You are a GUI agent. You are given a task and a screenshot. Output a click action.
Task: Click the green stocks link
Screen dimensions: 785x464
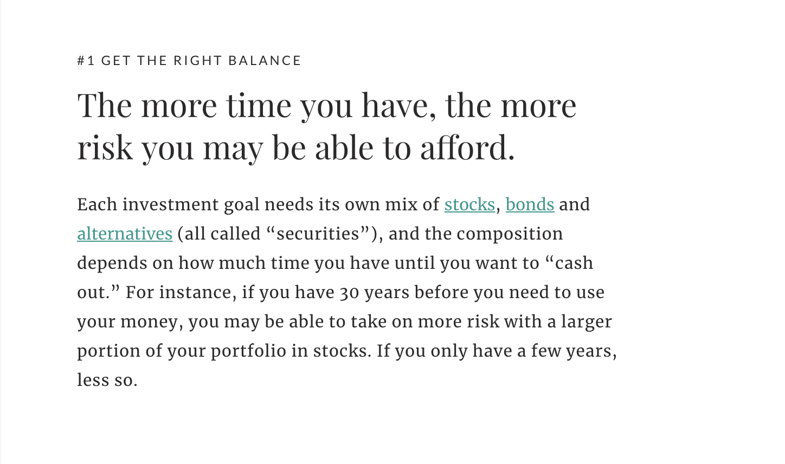(x=469, y=205)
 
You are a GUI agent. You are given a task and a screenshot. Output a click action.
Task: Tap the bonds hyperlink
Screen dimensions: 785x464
(x=530, y=205)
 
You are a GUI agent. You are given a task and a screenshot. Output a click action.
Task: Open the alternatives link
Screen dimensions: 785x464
(x=125, y=234)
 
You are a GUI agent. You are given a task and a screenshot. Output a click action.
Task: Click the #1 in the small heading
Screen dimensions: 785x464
(x=86, y=61)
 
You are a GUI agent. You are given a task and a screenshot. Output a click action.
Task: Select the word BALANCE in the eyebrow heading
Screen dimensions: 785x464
(x=265, y=61)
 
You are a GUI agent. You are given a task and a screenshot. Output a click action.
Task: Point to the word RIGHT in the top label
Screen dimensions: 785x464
(x=198, y=61)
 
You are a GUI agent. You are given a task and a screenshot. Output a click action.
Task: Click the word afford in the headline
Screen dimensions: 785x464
(x=465, y=147)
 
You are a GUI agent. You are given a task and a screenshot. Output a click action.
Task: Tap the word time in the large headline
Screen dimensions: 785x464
(x=259, y=105)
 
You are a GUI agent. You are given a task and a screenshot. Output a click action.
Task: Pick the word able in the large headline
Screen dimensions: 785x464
(x=344, y=147)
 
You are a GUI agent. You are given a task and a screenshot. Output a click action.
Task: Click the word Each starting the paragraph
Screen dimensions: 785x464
(x=97, y=205)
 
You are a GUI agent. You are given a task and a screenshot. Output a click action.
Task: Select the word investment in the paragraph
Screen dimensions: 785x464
(x=170, y=205)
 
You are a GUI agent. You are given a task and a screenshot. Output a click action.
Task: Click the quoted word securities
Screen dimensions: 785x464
(x=318, y=234)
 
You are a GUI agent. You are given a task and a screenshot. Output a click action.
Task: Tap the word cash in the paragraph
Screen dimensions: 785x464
(x=574, y=263)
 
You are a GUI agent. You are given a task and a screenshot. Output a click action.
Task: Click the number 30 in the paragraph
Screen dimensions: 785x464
(x=349, y=293)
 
